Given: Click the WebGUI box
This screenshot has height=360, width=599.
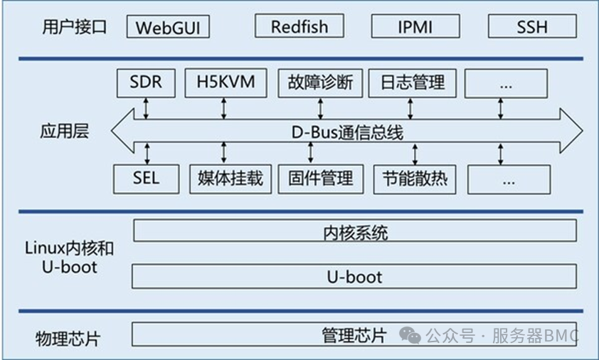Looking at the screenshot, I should tap(168, 28).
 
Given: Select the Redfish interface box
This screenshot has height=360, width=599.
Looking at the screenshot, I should tap(299, 27).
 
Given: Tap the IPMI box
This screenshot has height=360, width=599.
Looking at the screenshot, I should tap(415, 28).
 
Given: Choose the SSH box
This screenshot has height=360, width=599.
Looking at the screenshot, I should tap(531, 28).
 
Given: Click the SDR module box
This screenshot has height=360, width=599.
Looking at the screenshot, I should tap(145, 83).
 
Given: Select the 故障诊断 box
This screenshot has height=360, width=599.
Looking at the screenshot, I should tap(320, 83).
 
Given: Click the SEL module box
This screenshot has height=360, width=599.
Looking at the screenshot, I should tap(145, 178).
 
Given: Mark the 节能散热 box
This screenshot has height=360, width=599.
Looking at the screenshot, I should tap(414, 179).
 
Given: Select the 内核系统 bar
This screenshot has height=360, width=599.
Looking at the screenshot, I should tap(354, 231).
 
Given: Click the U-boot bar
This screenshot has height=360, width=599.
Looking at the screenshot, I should tap(354, 276).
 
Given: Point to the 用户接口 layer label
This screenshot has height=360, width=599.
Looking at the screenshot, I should tap(65, 28).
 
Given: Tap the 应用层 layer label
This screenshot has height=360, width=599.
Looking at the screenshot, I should tap(65, 132).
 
